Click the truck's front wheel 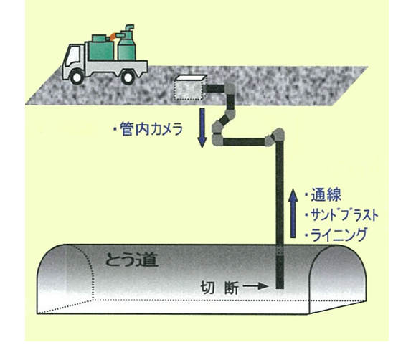point(77,77)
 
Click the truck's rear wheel point(128,77)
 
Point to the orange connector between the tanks point(113,37)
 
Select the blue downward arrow point(202,128)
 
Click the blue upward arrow point(293,213)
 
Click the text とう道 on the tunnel point(132,260)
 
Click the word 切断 point(219,287)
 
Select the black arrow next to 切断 point(255,286)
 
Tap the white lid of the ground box point(192,77)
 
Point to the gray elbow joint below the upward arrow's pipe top point(276,137)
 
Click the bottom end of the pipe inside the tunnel point(280,288)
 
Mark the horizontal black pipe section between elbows point(245,141)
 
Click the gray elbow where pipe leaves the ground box point(230,90)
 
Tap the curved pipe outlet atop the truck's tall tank point(130,28)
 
